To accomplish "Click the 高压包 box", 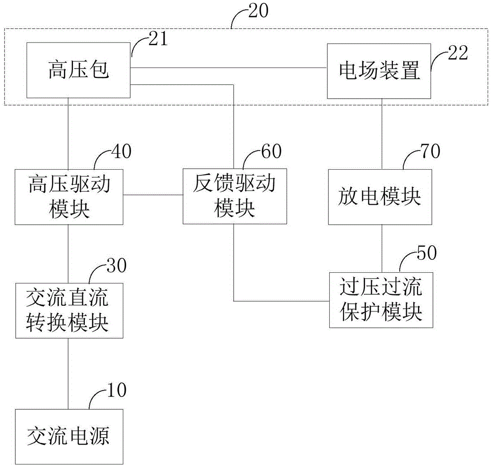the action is click(78, 70).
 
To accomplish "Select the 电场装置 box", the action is click(379, 71).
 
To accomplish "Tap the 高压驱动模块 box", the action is click(69, 197).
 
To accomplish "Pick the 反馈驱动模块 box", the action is click(235, 196).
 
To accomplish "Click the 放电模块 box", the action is click(380, 197).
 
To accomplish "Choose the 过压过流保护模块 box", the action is click(381, 300).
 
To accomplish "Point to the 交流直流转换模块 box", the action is click(69, 311).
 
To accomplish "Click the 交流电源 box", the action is click(69, 437).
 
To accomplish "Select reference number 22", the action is click(458, 53).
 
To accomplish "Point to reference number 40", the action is click(122, 151).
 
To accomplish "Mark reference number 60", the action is click(272, 151).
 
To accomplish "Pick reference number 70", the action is click(430, 151).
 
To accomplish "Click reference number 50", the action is click(427, 253).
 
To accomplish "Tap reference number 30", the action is click(117, 266).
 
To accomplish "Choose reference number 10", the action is click(117, 390).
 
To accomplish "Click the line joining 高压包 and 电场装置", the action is click(229, 68).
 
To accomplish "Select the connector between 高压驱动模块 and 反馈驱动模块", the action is click(153, 195).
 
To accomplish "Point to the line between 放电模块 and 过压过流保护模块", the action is click(382, 249).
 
